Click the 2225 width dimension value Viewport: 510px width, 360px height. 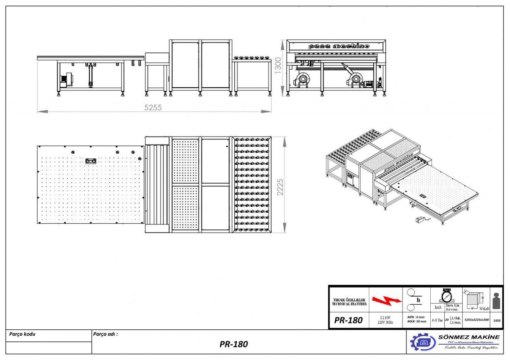pyautogui.click(x=280, y=186)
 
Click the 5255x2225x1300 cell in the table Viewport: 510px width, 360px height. pyautogui.click(x=477, y=320)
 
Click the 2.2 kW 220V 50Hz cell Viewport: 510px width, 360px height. pyautogui.click(x=386, y=320)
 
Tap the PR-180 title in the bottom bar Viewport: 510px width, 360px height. pyautogui.click(x=234, y=344)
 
